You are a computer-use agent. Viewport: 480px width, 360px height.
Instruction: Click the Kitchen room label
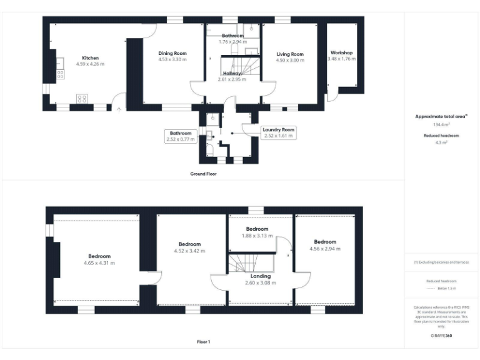tap(90, 58)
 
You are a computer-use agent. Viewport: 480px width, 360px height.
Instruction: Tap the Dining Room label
tap(172, 54)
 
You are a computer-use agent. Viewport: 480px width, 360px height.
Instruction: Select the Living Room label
tap(290, 54)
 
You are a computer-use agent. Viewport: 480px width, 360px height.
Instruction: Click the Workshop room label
tap(342, 52)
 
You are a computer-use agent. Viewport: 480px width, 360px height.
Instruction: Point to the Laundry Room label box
tap(279, 132)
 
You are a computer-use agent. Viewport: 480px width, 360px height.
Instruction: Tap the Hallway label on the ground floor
tap(232, 74)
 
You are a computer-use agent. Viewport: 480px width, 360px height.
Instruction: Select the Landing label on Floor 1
tap(261, 276)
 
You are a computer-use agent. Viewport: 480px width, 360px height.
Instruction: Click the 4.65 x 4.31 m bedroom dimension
tap(99, 263)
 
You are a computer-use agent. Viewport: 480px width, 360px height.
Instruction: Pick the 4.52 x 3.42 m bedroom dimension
tap(189, 251)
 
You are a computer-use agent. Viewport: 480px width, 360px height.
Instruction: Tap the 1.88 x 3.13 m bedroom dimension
tap(257, 236)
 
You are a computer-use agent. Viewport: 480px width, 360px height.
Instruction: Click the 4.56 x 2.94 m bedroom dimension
tap(325, 249)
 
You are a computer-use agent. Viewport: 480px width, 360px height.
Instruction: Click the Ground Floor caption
tap(204, 174)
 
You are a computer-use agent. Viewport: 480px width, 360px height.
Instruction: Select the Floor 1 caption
tap(203, 342)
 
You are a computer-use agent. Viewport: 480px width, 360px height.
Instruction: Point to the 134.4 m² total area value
tap(442, 124)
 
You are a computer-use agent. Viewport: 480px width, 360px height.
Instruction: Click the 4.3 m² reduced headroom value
tap(442, 142)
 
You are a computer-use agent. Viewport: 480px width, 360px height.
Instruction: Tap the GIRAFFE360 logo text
tap(442, 336)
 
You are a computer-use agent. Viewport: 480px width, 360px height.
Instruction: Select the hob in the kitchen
tap(82, 98)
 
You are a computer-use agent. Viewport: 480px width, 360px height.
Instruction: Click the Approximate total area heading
tap(441, 116)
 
